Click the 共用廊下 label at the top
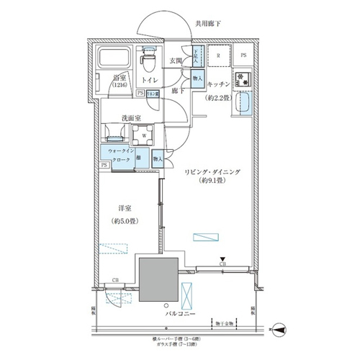tap(208, 23)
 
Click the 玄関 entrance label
tap(176, 61)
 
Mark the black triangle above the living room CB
tap(223, 260)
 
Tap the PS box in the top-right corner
tap(244, 55)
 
